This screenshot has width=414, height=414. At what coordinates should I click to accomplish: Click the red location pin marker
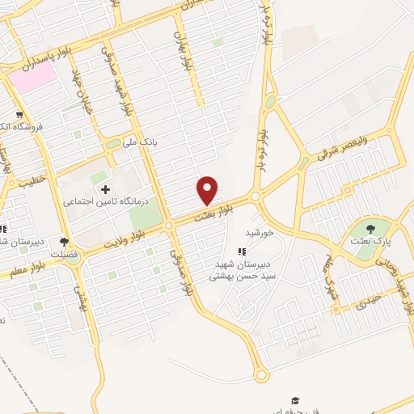pyautogui.click(x=208, y=190)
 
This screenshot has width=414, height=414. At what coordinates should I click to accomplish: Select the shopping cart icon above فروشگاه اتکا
pyautogui.click(x=19, y=115)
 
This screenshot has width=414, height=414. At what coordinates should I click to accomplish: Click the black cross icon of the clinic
pyautogui.click(x=105, y=189)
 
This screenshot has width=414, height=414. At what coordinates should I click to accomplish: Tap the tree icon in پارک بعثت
pyautogui.click(x=370, y=228)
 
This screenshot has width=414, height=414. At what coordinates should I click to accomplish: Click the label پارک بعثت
pyautogui.click(x=370, y=240)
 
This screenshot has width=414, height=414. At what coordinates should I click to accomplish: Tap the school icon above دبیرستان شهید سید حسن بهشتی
pyautogui.click(x=240, y=252)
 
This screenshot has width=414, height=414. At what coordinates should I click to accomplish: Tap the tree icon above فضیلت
pyautogui.click(x=65, y=241)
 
